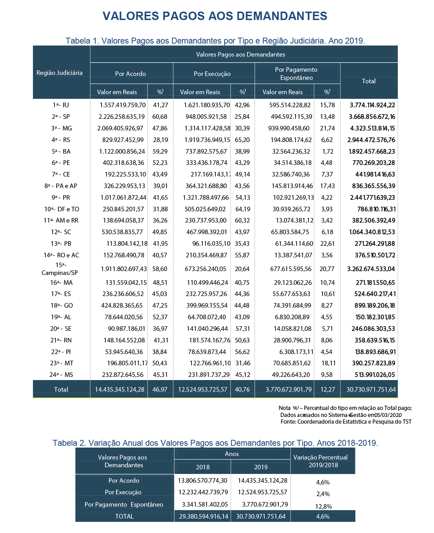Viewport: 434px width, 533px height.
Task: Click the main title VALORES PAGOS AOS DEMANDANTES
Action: [x=215, y=16]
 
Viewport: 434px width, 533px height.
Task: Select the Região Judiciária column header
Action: [x=59, y=73]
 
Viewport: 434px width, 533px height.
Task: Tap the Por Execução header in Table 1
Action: [x=212, y=74]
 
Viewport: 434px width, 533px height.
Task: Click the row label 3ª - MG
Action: [x=61, y=128]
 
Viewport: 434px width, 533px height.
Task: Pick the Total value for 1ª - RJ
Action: [x=372, y=105]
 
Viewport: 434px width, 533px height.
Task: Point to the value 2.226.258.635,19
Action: [x=122, y=117]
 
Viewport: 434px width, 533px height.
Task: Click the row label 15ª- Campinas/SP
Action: [x=60, y=269]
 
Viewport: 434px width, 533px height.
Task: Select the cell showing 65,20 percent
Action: [x=242, y=140]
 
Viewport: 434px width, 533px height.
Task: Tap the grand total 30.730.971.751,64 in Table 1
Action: [x=371, y=390]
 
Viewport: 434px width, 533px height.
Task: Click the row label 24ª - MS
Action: [x=61, y=375]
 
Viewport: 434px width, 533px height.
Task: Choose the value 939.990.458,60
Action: [x=289, y=128]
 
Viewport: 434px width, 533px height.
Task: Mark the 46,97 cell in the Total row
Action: [x=160, y=390]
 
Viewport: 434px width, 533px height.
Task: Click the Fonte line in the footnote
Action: [x=346, y=422]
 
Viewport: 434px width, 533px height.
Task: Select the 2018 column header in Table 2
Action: [x=203, y=467]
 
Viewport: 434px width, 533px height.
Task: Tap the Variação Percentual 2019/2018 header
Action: [x=320, y=461]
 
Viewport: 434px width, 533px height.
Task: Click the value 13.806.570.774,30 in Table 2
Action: [x=202, y=481]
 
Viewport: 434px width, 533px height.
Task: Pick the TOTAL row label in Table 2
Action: [x=124, y=516]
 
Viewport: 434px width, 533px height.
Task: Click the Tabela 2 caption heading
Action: [x=215, y=443]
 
